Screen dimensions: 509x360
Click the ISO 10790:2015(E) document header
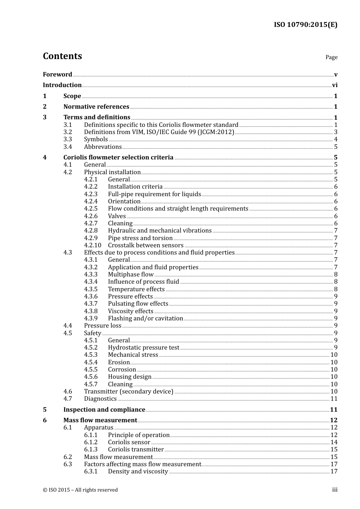305,25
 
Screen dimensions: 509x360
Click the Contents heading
62,56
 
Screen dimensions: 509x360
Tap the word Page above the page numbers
331,57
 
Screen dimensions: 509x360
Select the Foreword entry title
57,75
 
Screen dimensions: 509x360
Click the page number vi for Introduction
335,85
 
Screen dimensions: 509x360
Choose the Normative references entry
96,107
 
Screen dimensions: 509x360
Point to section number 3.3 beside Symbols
68,139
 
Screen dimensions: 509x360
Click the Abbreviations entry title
103,147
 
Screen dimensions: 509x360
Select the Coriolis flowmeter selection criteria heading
118,158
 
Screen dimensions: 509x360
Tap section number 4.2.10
93,245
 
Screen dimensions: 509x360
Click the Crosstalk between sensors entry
146,245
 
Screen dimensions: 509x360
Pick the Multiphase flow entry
131,275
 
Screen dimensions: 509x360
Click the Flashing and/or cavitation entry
146,319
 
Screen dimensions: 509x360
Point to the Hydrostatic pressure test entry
144,348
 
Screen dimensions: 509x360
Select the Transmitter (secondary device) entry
128,392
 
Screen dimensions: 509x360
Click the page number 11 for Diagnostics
334,399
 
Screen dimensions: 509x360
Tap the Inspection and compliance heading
104,410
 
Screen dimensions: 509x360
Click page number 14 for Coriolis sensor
334,442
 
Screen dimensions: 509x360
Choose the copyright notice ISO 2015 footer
80,490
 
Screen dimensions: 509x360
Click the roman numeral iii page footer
335,490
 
